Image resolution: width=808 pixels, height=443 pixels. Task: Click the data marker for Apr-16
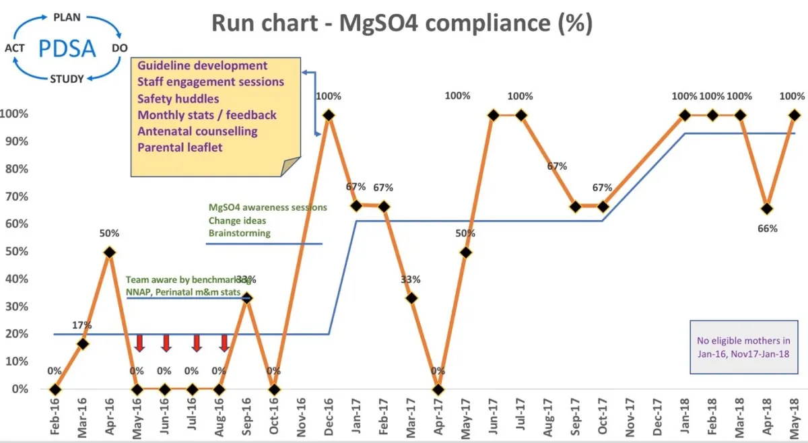click(x=110, y=252)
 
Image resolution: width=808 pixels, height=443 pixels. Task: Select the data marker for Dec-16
click(x=329, y=115)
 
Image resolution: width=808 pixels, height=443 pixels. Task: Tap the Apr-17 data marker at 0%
click(x=438, y=389)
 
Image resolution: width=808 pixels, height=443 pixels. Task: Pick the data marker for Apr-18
click(x=768, y=209)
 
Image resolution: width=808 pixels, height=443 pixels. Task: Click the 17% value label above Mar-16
click(x=82, y=325)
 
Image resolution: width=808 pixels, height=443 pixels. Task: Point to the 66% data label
click(x=768, y=228)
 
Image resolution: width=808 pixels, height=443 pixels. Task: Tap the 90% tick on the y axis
click(x=14, y=141)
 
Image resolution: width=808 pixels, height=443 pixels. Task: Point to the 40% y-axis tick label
click(x=14, y=279)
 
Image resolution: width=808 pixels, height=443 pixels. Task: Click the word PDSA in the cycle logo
click(x=66, y=48)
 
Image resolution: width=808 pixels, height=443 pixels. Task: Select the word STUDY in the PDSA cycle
click(x=67, y=79)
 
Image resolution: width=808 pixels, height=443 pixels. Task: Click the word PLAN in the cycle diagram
click(x=67, y=15)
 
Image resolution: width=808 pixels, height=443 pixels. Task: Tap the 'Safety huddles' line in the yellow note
click(x=178, y=99)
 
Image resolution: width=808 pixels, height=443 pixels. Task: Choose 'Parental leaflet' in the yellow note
click(x=181, y=147)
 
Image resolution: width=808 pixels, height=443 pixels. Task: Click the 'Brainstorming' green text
click(x=239, y=233)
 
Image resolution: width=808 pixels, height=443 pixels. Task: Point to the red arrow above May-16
click(x=139, y=342)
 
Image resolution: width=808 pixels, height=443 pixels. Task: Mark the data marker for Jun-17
click(x=493, y=115)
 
